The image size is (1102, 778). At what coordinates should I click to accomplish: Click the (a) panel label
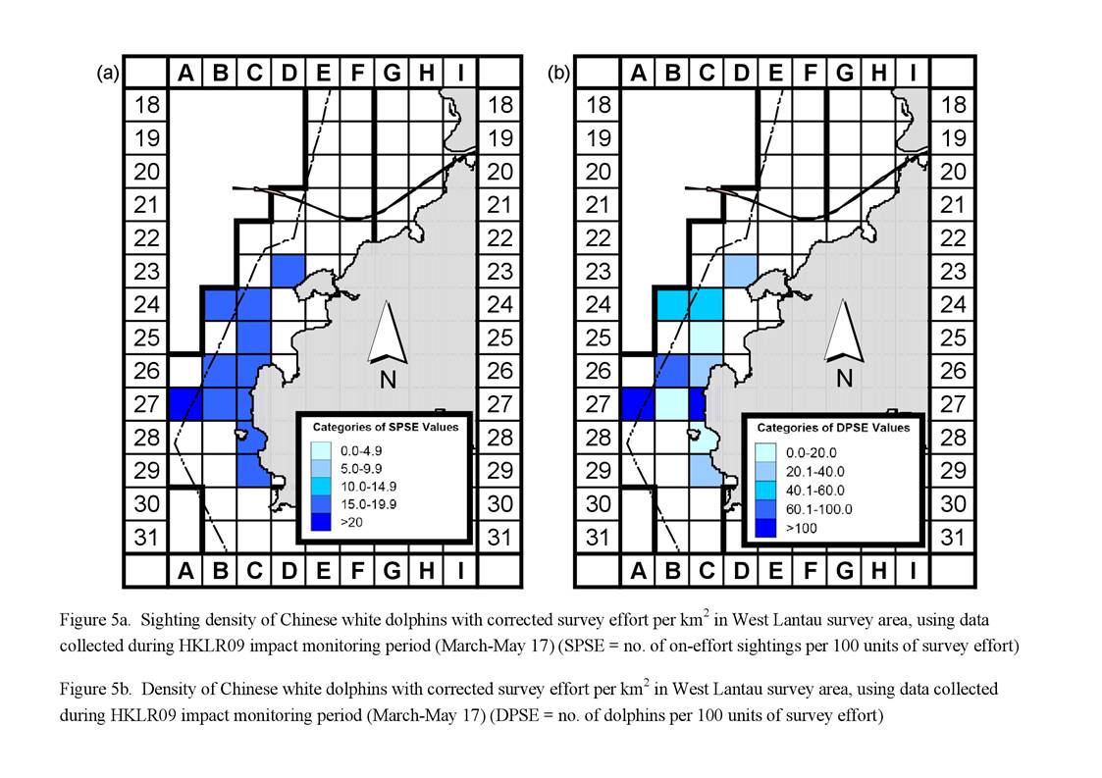(x=108, y=74)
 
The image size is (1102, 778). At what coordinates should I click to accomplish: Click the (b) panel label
(x=558, y=74)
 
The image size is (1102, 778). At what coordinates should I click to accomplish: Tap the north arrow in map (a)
(x=388, y=333)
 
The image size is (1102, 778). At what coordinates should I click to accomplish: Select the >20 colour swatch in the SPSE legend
(x=321, y=522)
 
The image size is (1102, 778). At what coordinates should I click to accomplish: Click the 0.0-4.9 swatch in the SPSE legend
(x=321, y=450)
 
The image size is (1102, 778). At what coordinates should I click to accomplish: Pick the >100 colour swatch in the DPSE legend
(x=765, y=528)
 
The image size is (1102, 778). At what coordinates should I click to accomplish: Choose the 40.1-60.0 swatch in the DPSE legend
(x=765, y=490)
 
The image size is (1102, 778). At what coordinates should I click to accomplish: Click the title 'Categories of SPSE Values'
(x=385, y=427)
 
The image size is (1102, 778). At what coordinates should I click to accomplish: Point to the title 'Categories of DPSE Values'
(x=833, y=428)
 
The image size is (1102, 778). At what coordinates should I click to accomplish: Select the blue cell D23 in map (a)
(x=289, y=272)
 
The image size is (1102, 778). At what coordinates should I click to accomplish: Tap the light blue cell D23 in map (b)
(x=741, y=272)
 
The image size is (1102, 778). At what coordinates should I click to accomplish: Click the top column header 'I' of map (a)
(x=461, y=73)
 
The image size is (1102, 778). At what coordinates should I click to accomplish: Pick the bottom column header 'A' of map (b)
(x=638, y=570)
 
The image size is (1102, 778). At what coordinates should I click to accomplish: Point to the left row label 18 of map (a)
(x=147, y=105)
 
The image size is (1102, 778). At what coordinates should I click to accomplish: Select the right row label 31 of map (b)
(x=952, y=538)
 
